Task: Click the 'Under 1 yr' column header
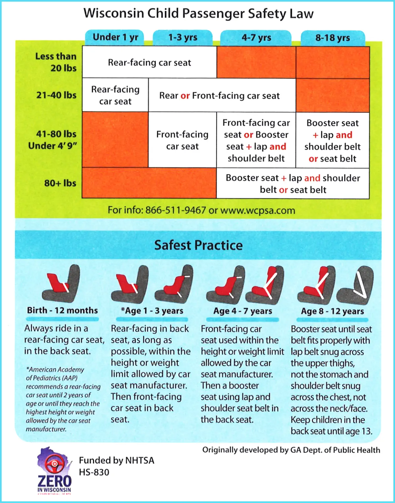pos(115,37)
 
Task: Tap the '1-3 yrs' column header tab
pos(183,38)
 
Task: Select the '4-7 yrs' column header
pos(256,38)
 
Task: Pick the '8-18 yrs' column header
pos(332,38)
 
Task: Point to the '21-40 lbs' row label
pos(56,95)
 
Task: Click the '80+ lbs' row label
pos(60,183)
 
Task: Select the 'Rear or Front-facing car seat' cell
pos(219,96)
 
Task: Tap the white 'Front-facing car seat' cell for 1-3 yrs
pos(182,140)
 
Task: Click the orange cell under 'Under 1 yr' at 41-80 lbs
pos(115,139)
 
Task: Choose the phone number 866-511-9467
pos(175,210)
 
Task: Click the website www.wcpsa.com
pos(257,211)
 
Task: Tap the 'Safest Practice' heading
pos(198,245)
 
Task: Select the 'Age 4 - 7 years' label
pos(243,311)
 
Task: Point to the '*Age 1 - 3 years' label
pos(152,311)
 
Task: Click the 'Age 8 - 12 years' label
pos(332,311)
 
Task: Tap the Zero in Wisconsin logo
pos(54,471)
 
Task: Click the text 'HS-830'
pos(94,472)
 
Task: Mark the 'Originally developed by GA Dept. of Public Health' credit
pos(291,450)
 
